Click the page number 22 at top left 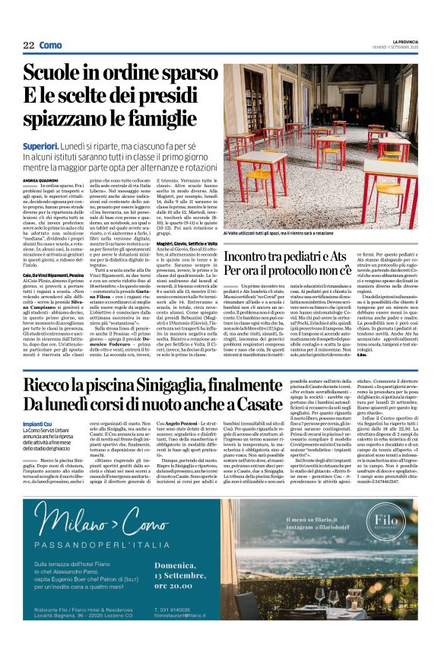[30, 46]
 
